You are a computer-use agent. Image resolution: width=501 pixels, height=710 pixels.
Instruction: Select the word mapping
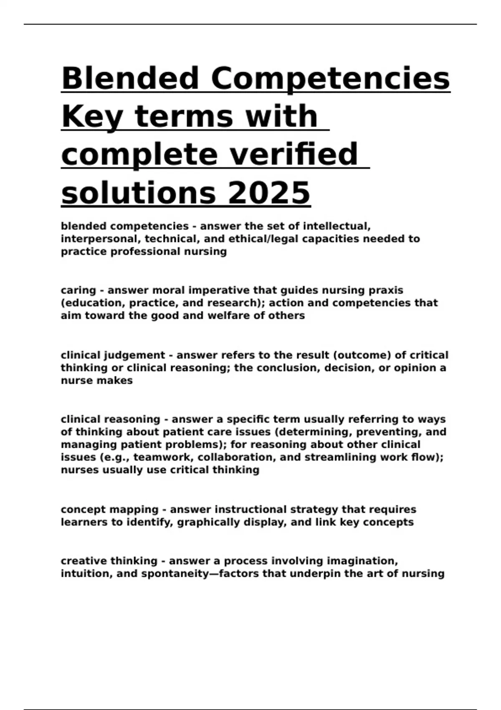134,510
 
